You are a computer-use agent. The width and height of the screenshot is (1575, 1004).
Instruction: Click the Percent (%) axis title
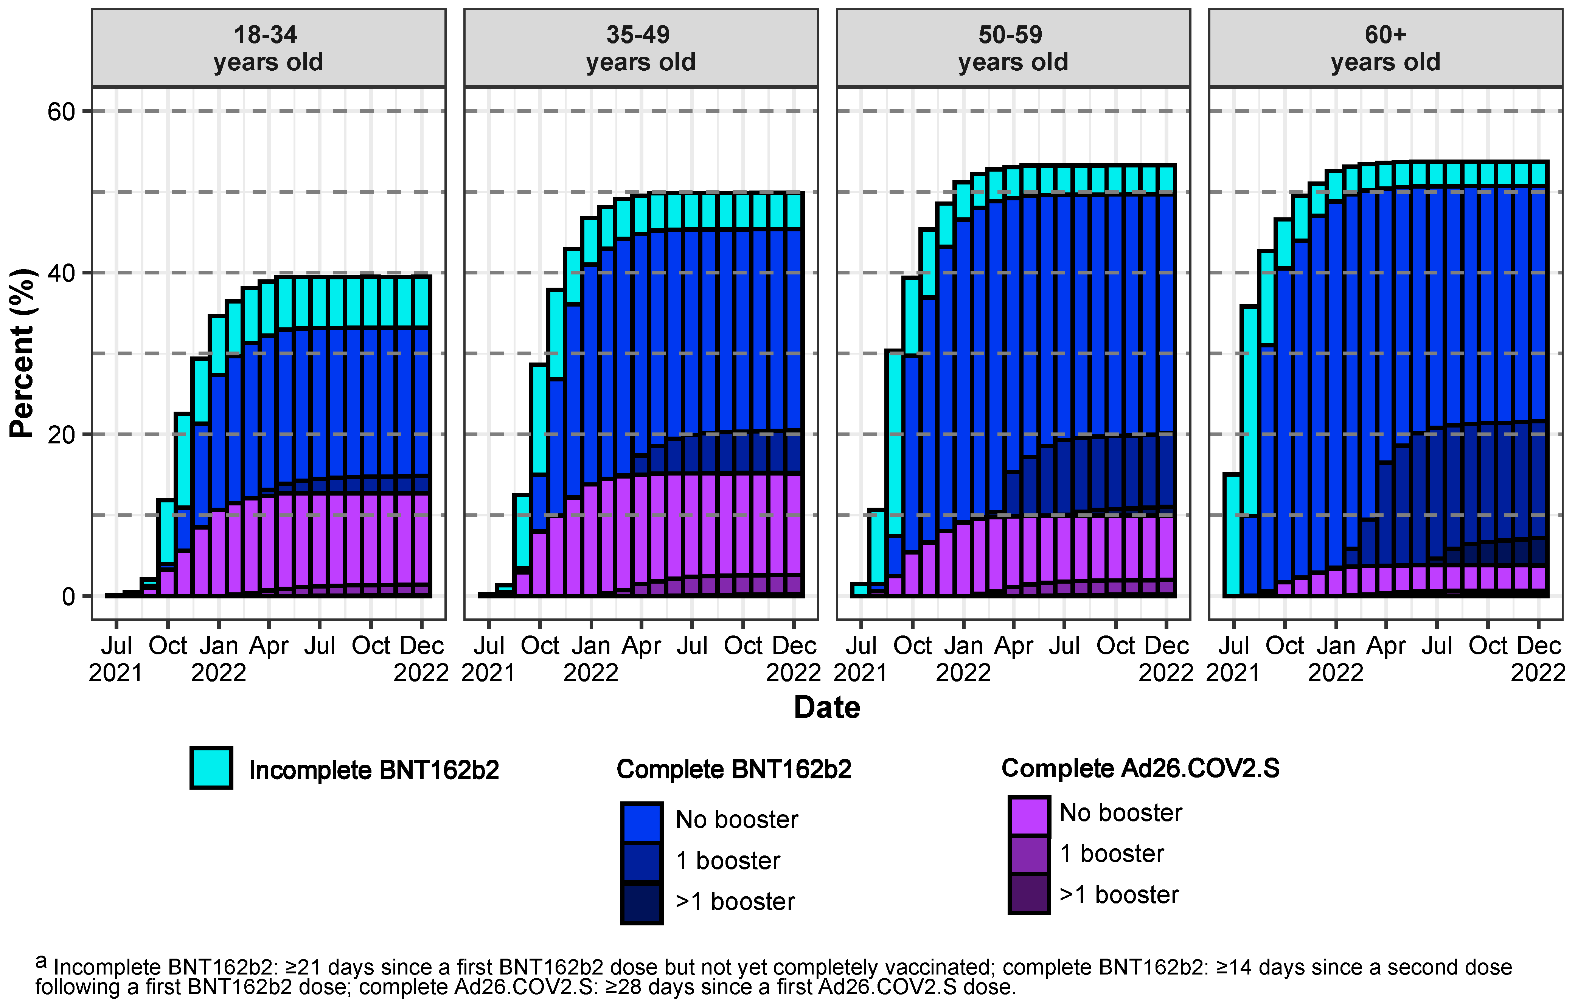(22, 353)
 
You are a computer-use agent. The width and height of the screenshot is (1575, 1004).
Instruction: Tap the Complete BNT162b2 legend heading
(734, 769)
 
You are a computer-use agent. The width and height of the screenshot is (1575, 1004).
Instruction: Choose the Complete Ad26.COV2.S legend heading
(1140, 768)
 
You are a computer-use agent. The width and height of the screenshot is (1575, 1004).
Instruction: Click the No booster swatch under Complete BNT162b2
(641, 822)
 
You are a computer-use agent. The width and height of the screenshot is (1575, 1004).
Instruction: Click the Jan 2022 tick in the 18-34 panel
(219, 659)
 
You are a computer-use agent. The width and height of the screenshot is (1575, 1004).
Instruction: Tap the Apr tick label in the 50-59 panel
(1014, 646)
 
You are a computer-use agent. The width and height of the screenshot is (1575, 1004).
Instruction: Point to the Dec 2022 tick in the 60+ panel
(1537, 659)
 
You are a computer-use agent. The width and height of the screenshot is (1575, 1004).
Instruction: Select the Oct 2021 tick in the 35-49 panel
(540, 646)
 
